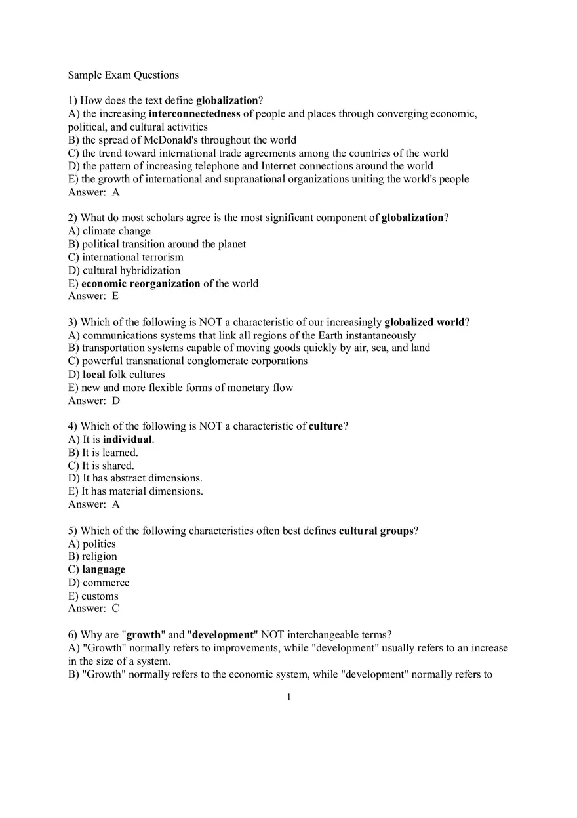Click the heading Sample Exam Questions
[x=123, y=75]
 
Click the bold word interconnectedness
[x=194, y=113]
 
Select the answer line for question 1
[x=94, y=192]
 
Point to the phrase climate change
[x=117, y=231]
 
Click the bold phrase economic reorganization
[x=140, y=283]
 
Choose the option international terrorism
[x=132, y=257]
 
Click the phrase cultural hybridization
[x=131, y=270]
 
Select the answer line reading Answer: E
[x=93, y=296]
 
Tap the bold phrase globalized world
[x=424, y=322]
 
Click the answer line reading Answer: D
[x=94, y=400]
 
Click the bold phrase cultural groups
[x=376, y=531]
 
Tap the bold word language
[x=104, y=569]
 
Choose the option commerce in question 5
[x=106, y=583]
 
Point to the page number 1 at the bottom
[x=288, y=697]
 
